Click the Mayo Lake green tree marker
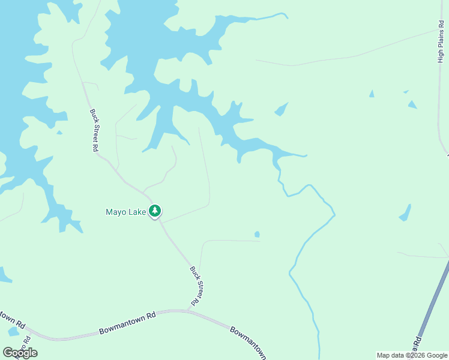(x=155, y=211)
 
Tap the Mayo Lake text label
(x=126, y=212)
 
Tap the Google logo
(x=20, y=353)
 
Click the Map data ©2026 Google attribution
(x=412, y=355)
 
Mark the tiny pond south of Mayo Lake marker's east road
(x=257, y=234)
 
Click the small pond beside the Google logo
(x=13, y=332)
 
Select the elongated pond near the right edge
(x=406, y=213)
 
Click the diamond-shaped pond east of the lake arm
(x=281, y=109)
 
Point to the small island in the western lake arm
(x=59, y=132)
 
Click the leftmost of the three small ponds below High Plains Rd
(x=372, y=94)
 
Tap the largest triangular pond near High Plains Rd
(x=412, y=104)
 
